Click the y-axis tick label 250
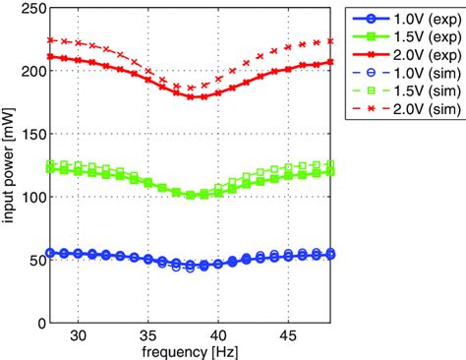coord(33,9)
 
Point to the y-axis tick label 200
coord(33,71)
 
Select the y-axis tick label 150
coord(33,134)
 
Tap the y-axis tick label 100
coord(33,197)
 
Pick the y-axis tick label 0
coord(41,323)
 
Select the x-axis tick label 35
coord(148,334)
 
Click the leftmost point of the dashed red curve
coord(51,40)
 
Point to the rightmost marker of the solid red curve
coord(330,62)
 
